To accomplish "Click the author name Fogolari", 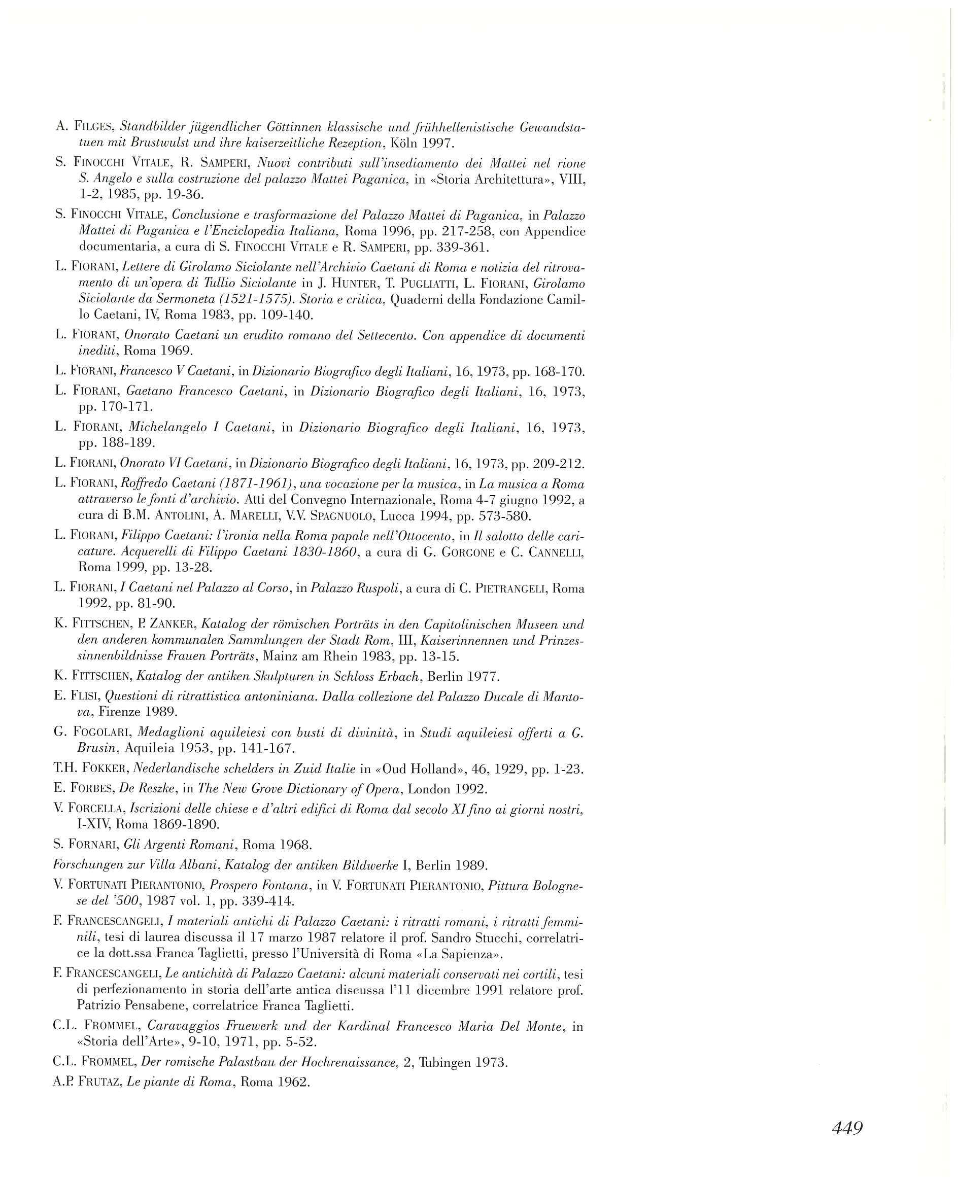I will point(100,732).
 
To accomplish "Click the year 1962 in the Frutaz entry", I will point(292,1082).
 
